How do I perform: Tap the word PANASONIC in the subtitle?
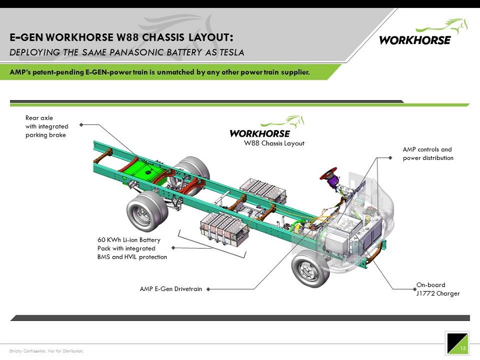point(146,53)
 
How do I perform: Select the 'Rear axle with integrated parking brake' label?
point(47,126)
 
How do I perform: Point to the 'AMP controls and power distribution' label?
point(427,154)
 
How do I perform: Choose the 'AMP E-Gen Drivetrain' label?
point(171,289)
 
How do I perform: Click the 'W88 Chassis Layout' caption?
point(274,144)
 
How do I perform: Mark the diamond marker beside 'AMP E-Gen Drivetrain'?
point(208,289)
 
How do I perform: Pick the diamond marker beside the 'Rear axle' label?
point(82,125)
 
